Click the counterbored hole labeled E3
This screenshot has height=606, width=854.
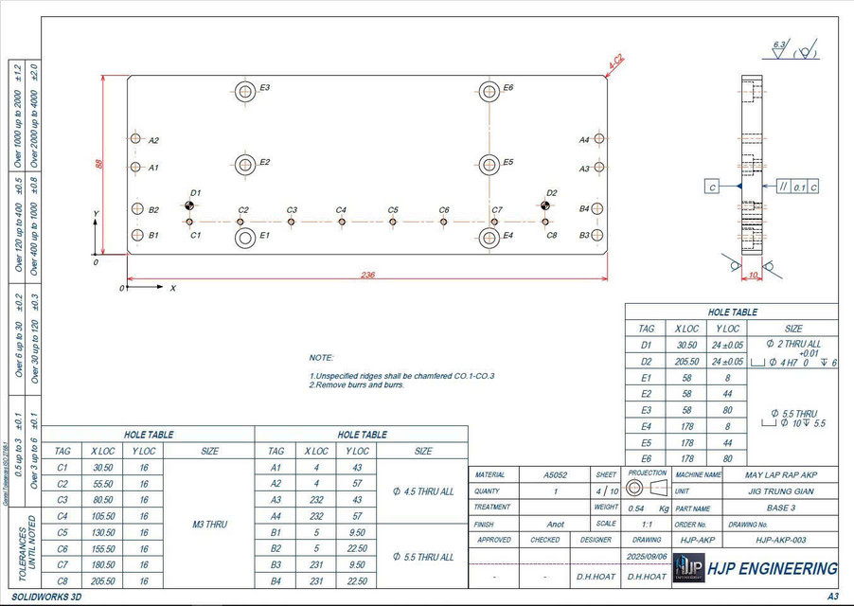[x=243, y=91]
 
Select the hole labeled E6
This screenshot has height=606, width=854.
[x=489, y=91]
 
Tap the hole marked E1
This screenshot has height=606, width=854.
[x=244, y=237]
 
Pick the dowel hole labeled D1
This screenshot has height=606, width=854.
[x=190, y=205]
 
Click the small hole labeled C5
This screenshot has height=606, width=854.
[x=392, y=222]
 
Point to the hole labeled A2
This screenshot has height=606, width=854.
[x=135, y=139]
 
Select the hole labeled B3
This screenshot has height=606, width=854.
[x=598, y=235]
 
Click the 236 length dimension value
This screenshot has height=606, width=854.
[x=367, y=276]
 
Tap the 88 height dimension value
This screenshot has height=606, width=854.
[x=98, y=164]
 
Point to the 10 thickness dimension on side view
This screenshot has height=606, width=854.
[x=753, y=276]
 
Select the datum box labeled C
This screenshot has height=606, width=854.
[x=712, y=187]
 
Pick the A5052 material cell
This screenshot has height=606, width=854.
[x=555, y=474]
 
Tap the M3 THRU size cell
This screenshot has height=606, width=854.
[x=209, y=524]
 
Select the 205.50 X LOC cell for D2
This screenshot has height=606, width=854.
[x=687, y=361]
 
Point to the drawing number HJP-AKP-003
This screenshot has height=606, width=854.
[x=780, y=540]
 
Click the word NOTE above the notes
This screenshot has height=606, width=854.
[x=322, y=358]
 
